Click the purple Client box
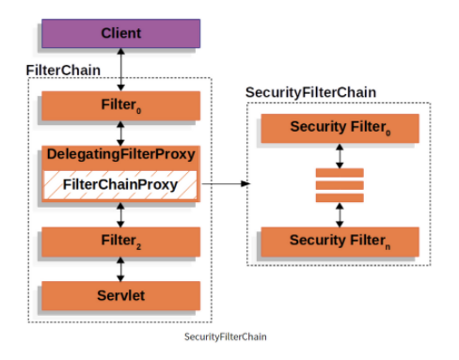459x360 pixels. (x=120, y=33)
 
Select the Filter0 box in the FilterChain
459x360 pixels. (x=120, y=105)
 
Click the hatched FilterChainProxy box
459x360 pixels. (x=120, y=184)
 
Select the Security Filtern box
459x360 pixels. (x=340, y=241)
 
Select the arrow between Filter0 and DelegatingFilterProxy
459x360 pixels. (x=120, y=133)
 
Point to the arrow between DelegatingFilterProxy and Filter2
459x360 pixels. (x=120, y=212)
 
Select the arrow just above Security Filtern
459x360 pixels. (x=340, y=213)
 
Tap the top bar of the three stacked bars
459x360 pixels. (x=340, y=172)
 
